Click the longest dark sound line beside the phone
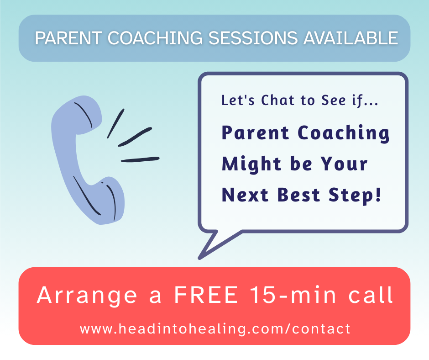pos(140,159)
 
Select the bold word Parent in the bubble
pos(256,133)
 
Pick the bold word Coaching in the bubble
pos(344,133)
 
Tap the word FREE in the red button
pos(206,296)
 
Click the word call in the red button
pos(371,296)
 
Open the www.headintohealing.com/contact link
pos(215,328)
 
